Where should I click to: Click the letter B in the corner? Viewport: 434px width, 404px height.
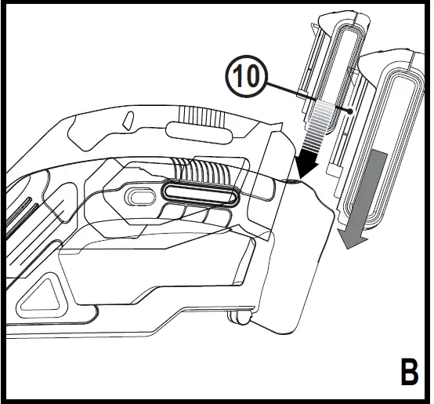click(408, 372)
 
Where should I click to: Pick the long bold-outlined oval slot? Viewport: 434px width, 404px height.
click(200, 193)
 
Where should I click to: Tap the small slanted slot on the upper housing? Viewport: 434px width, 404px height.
click(125, 122)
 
